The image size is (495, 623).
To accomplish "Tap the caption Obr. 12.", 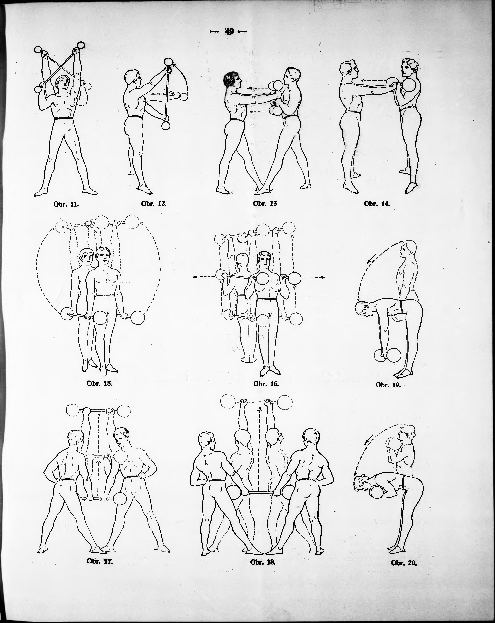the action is point(154,203).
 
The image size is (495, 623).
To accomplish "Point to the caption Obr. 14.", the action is point(376,203).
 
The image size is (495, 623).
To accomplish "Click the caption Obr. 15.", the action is point(99,384).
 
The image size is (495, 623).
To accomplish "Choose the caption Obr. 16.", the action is point(266,384).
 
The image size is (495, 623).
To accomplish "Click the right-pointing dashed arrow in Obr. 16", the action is point(313,277).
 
